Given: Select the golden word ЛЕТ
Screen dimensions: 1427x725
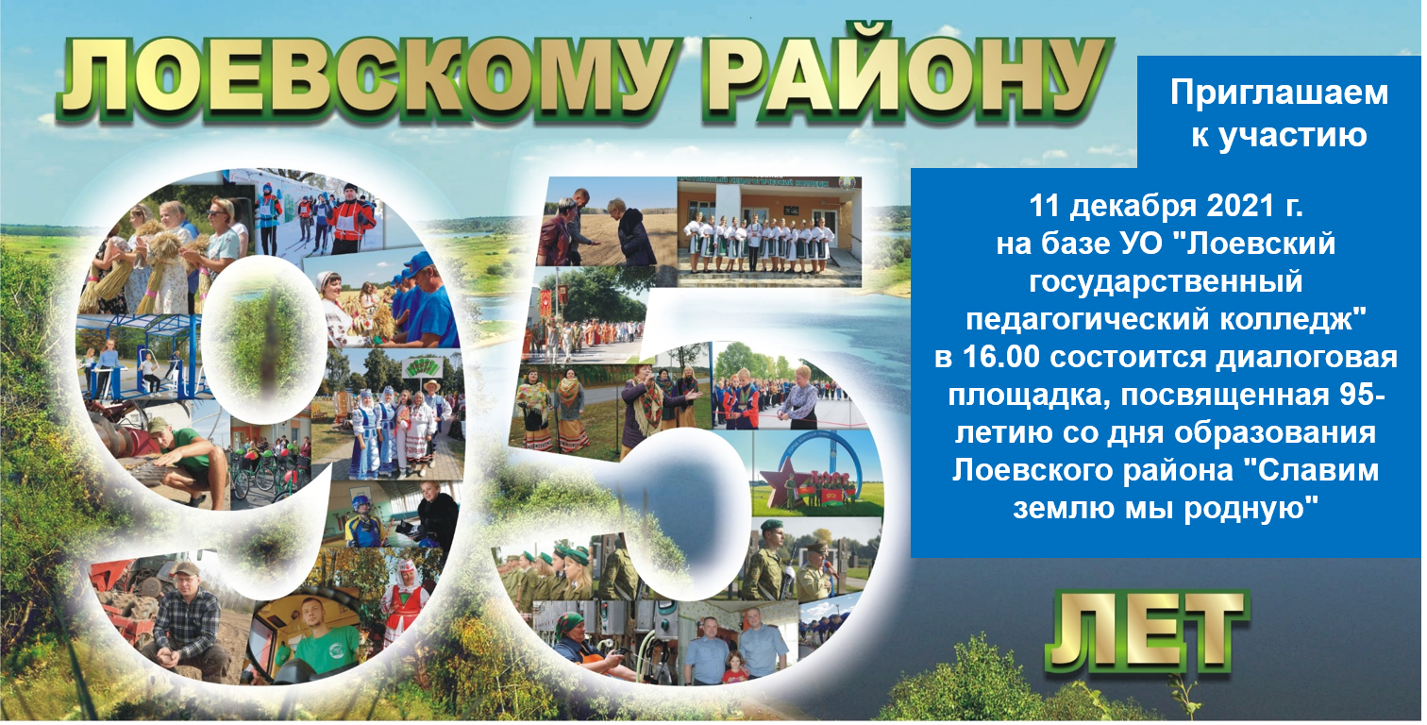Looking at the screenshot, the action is coord(1148,631).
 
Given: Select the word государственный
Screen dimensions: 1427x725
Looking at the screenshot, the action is coord(1166,282).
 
